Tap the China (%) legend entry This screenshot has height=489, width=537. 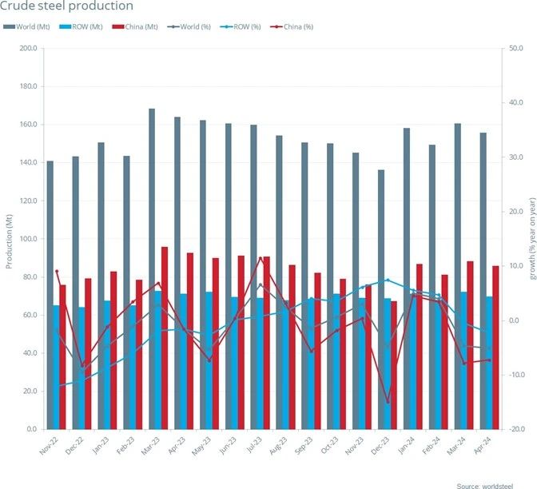coord(296,26)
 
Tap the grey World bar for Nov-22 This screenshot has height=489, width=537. coord(50,295)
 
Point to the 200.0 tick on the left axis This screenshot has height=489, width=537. coord(27,48)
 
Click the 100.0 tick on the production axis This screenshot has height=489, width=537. coord(27,239)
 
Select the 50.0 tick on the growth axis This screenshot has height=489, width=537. coord(516,48)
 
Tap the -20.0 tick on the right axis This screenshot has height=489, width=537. coord(516,429)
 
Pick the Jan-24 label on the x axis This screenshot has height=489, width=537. coord(407,444)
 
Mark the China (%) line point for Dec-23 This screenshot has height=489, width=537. coord(388,402)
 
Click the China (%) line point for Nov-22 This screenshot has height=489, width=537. coord(57,272)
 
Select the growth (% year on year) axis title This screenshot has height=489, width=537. coord(531,239)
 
